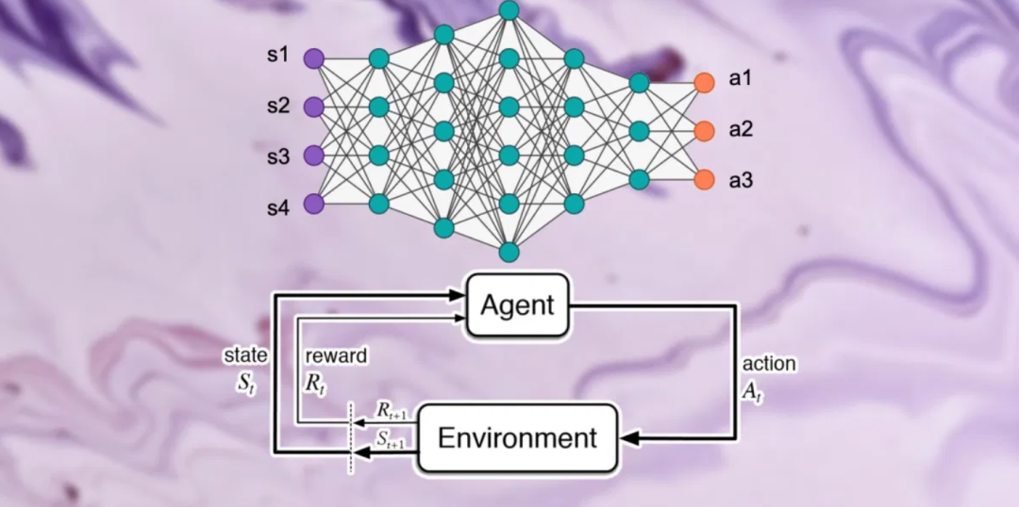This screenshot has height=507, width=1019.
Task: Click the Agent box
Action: pos(517,304)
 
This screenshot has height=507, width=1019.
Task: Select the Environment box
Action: pos(517,437)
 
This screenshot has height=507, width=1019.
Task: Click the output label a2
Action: pos(740,130)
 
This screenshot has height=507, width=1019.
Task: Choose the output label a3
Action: pos(740,179)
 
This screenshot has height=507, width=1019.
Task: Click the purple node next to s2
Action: pos(313,106)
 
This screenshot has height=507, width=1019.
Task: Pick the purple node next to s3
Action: pos(313,155)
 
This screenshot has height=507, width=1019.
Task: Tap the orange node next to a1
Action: pos(703,82)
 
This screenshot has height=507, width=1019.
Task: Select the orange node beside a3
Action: pos(703,179)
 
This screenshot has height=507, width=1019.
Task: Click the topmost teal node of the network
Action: pos(509,10)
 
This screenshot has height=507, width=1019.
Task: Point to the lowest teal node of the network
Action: pos(509,252)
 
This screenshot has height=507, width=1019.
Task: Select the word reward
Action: pos(336,356)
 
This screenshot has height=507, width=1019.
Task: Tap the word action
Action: pos(769,364)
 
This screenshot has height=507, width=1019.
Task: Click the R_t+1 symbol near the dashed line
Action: pos(390,412)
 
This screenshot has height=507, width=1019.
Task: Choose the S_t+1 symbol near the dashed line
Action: pos(392,438)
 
